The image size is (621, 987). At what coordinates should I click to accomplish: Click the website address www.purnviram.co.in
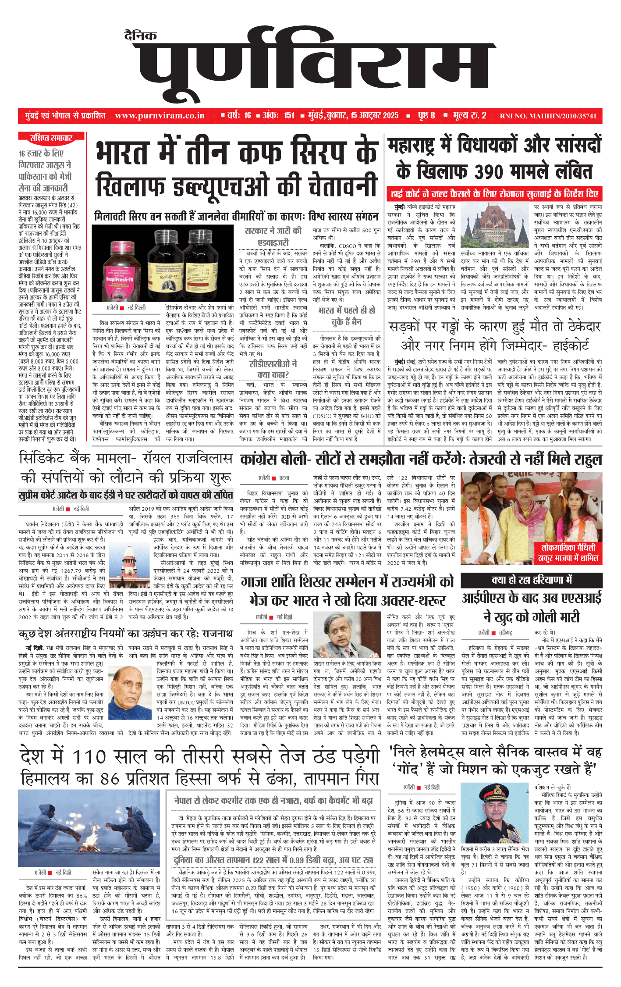tap(160, 116)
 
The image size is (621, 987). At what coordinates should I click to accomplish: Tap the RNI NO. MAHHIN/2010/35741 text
tap(548, 116)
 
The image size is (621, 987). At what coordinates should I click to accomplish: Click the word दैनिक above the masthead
tap(140, 36)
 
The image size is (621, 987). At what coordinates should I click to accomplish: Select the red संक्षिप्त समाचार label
tap(51, 139)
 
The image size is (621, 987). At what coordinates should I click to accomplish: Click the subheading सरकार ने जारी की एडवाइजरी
tap(273, 236)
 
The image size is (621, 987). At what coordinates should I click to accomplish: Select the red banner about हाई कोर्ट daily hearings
tap(494, 193)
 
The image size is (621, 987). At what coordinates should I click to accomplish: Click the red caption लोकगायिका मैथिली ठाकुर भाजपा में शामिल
tap(568, 552)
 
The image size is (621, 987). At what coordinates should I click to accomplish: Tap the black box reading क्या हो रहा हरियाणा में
tap(531, 580)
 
